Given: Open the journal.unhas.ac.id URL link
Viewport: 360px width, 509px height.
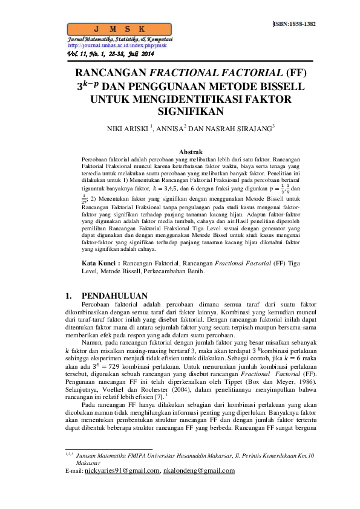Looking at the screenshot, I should click(x=117, y=45).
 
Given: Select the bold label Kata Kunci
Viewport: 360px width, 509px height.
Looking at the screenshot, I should click(x=100, y=264).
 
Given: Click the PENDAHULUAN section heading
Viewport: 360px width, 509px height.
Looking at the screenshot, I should click(x=114, y=296).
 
